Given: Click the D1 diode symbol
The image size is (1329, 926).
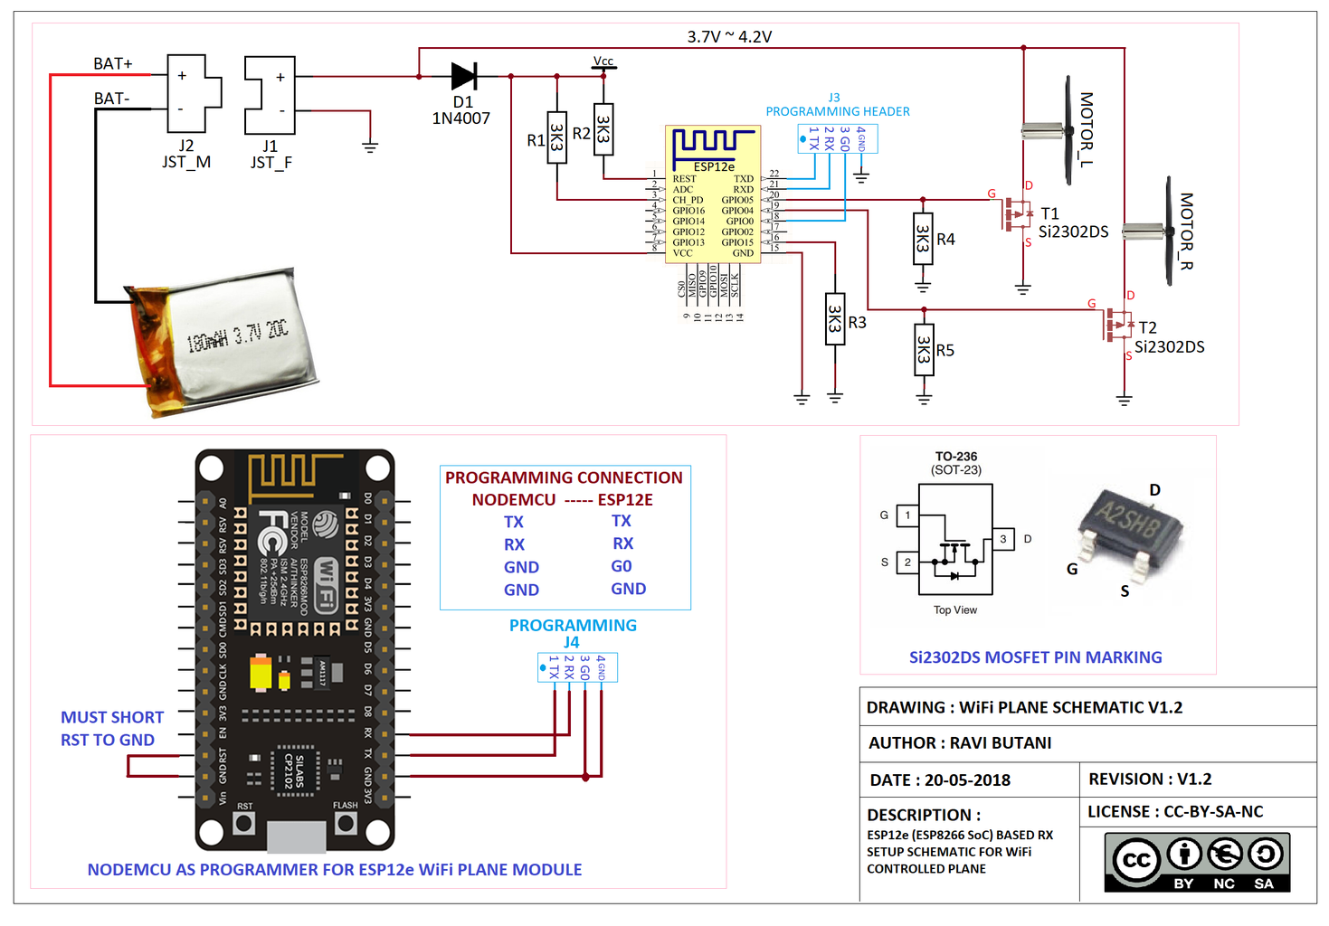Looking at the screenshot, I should click(464, 76).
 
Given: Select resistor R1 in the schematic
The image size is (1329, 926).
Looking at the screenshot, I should click(557, 137).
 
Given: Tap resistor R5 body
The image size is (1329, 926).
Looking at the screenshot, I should click(923, 350).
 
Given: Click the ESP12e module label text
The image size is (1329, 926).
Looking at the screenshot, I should click(714, 167).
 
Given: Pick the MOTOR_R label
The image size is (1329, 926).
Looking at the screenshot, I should click(1186, 231).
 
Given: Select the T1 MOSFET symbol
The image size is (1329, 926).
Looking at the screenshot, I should click(1016, 215).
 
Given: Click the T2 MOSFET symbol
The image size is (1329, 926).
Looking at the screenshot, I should click(1118, 325).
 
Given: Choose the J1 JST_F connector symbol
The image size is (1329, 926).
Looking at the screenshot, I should click(270, 94).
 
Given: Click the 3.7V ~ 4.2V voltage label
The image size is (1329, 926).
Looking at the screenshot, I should click(729, 37).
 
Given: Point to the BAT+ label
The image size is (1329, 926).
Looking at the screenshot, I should click(113, 63).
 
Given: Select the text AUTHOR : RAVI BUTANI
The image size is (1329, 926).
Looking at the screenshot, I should click(960, 743).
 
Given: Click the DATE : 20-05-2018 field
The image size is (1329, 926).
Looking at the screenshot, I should click(940, 780).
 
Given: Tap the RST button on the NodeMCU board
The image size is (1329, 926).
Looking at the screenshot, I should click(244, 823).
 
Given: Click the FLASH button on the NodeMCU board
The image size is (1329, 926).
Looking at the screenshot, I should click(346, 823).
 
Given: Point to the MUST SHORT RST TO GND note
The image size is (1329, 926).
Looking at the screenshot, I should click(112, 728).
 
